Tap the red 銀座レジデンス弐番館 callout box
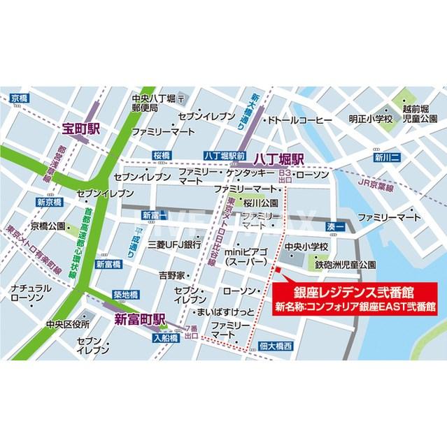(355, 298)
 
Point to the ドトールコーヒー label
(299, 120)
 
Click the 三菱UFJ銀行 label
(174, 245)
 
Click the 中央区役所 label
(68, 324)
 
